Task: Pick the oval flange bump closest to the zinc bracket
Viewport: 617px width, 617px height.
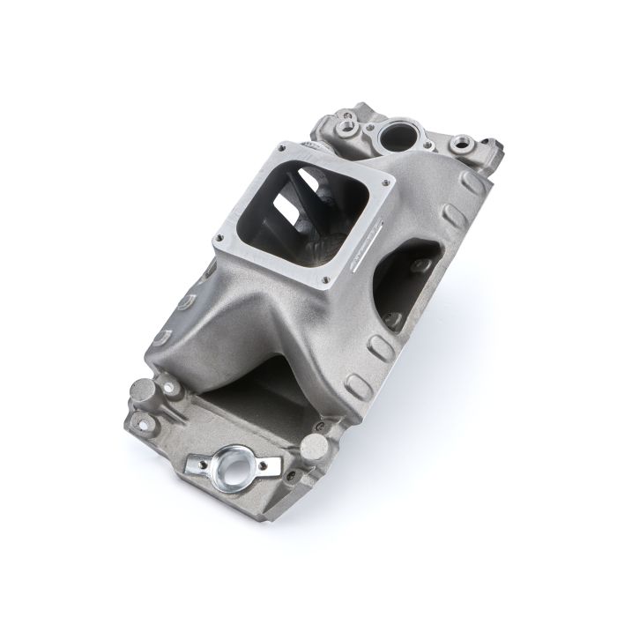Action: click(x=357, y=386)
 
